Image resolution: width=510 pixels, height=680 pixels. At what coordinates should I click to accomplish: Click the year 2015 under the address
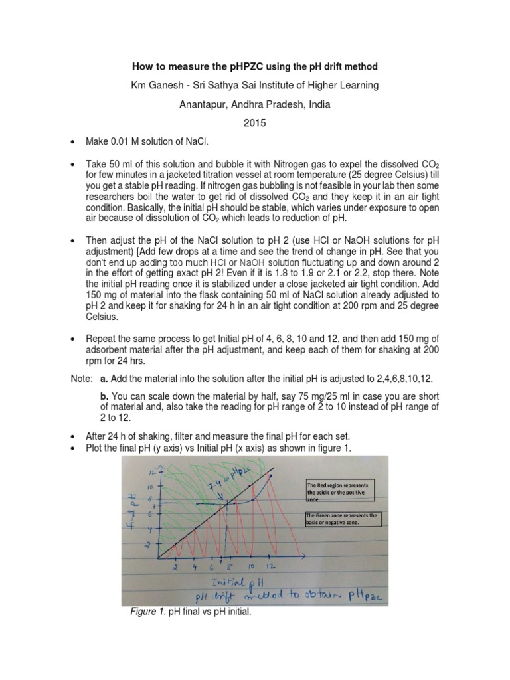pyautogui.click(x=255, y=124)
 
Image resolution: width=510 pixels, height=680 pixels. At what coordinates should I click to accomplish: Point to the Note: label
pyautogui.click(x=82, y=377)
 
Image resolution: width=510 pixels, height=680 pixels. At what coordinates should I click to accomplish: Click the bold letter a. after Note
pyautogui.click(x=104, y=377)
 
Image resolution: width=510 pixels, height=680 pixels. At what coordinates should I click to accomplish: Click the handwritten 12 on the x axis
pyautogui.click(x=270, y=568)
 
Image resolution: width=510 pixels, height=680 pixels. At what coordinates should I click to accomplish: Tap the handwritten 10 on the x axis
pyautogui.click(x=250, y=567)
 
